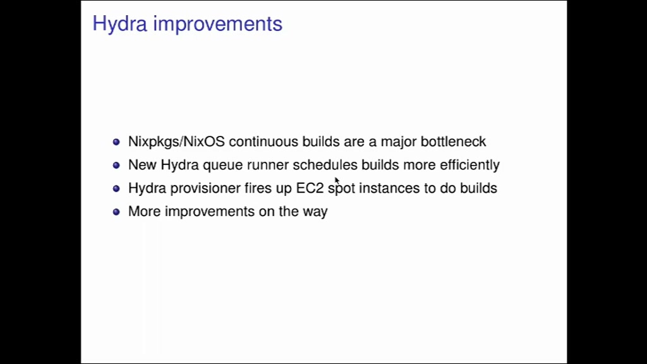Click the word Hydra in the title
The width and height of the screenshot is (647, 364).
click(119, 24)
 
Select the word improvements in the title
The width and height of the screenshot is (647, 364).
click(218, 24)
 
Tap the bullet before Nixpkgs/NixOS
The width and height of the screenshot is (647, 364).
click(116, 142)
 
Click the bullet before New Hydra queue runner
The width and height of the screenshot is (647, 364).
click(116, 165)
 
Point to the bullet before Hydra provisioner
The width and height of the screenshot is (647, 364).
click(116, 188)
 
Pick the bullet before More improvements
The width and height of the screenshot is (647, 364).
click(116, 212)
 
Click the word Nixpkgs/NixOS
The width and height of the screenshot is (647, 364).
click(177, 142)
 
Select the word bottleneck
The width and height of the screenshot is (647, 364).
click(454, 142)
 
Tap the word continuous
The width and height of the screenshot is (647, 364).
click(263, 142)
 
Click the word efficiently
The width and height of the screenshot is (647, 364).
click(470, 165)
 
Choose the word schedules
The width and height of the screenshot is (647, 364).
click(325, 165)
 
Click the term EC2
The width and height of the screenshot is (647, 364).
click(310, 188)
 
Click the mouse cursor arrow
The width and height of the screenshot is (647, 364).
click(337, 181)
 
